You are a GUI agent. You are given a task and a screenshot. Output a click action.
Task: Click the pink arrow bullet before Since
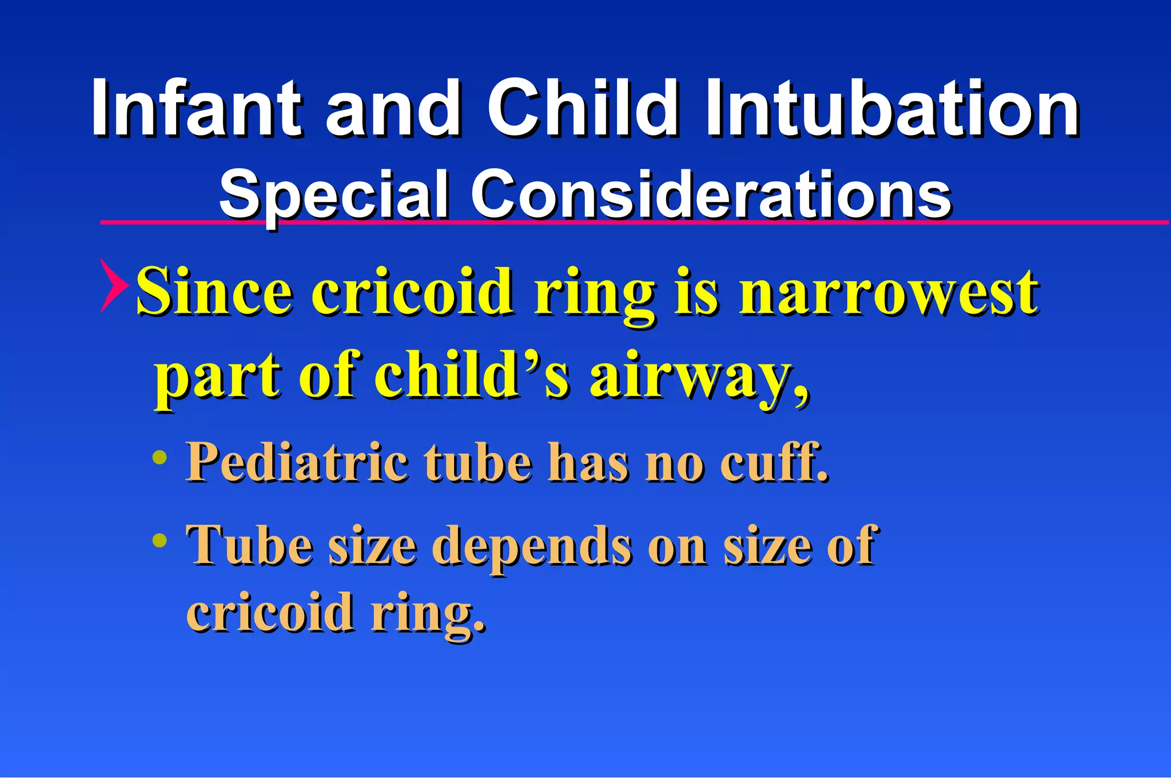coord(112,285)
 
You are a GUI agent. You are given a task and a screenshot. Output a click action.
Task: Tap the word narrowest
coord(889,292)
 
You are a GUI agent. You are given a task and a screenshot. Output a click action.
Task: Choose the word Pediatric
coord(297,462)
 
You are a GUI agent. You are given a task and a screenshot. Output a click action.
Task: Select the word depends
coord(532,546)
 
